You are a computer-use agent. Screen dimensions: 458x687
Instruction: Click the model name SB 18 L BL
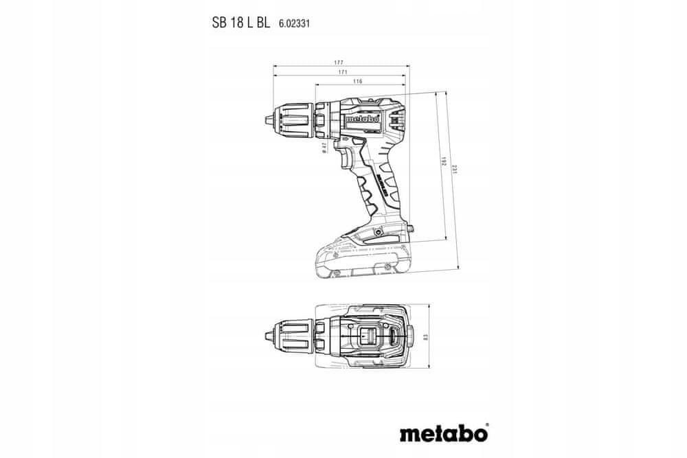[240, 23]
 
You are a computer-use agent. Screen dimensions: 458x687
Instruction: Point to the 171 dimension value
[341, 72]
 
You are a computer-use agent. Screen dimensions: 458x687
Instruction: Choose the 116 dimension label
[357, 82]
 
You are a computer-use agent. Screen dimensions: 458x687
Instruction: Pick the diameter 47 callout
[324, 147]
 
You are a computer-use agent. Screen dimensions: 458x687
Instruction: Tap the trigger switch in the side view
[348, 160]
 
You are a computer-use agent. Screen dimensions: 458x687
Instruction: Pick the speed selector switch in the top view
[368, 337]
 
